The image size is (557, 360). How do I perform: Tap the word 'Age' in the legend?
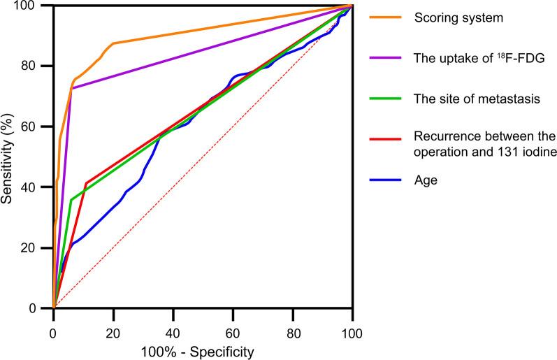(x=425, y=180)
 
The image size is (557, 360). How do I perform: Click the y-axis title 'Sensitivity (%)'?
(x=8, y=157)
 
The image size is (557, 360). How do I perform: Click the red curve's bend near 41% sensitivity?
(x=86, y=183)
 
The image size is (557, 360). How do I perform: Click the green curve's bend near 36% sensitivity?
(x=71, y=200)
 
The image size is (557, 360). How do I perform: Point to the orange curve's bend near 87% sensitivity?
(x=113, y=43)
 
